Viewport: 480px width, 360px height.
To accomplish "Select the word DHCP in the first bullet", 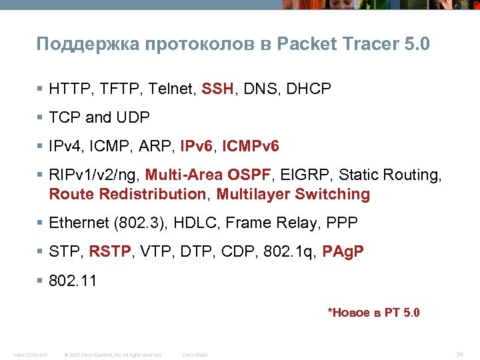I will pos(309,89).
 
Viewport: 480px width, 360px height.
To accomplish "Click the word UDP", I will pos(133,117).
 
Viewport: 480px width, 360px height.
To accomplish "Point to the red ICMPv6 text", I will pos(251,146).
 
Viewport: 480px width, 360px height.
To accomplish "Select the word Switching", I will pos(332,194).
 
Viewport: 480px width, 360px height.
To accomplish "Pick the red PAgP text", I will pos(343,252).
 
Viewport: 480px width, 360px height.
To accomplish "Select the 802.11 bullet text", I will pos(73,281).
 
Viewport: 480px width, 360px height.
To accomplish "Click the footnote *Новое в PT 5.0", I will pos(373,312).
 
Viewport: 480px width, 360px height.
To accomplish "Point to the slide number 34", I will pos(459,354).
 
